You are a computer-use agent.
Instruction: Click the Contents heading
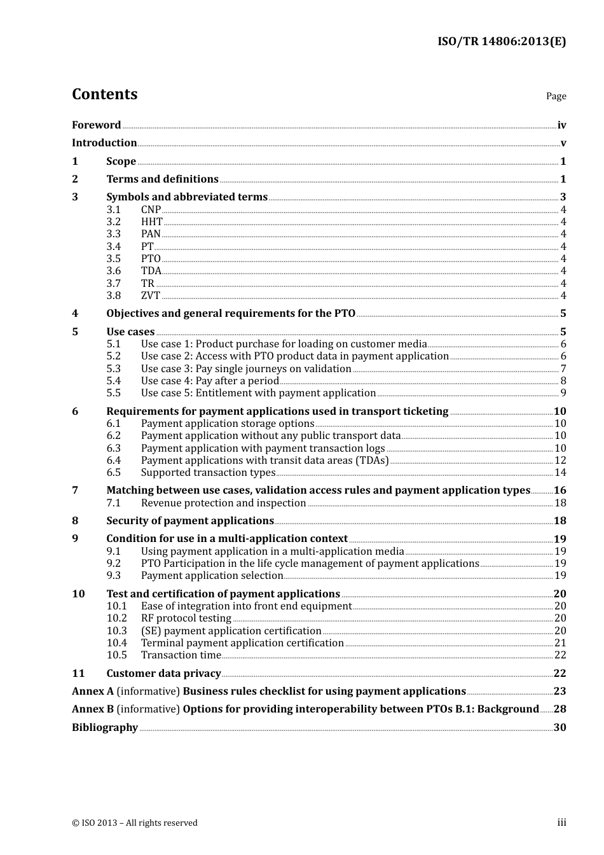(104, 94)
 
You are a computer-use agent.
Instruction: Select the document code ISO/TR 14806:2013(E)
(501, 41)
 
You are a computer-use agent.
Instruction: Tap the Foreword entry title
(96, 125)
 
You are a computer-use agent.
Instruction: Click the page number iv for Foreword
(561, 125)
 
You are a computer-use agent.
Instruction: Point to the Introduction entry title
(104, 143)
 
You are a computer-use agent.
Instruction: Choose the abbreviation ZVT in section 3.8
(151, 296)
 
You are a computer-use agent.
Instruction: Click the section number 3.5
(113, 259)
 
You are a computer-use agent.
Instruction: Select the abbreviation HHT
(152, 222)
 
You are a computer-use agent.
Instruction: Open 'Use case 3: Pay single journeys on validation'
(246, 369)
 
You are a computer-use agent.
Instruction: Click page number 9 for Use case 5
(563, 393)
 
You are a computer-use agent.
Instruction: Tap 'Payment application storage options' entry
(228, 424)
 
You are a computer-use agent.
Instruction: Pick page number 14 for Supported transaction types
(560, 473)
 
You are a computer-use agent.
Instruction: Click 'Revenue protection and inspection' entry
(224, 503)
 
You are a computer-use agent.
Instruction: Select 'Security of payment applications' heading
(189, 521)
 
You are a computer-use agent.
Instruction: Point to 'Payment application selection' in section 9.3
(212, 576)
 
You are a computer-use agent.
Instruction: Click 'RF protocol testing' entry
(186, 618)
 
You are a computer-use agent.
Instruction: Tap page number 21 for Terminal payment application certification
(560, 643)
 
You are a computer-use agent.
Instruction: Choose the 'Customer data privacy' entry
(163, 674)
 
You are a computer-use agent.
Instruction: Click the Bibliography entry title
(105, 728)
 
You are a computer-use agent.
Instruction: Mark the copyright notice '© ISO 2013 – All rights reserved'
(135, 823)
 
